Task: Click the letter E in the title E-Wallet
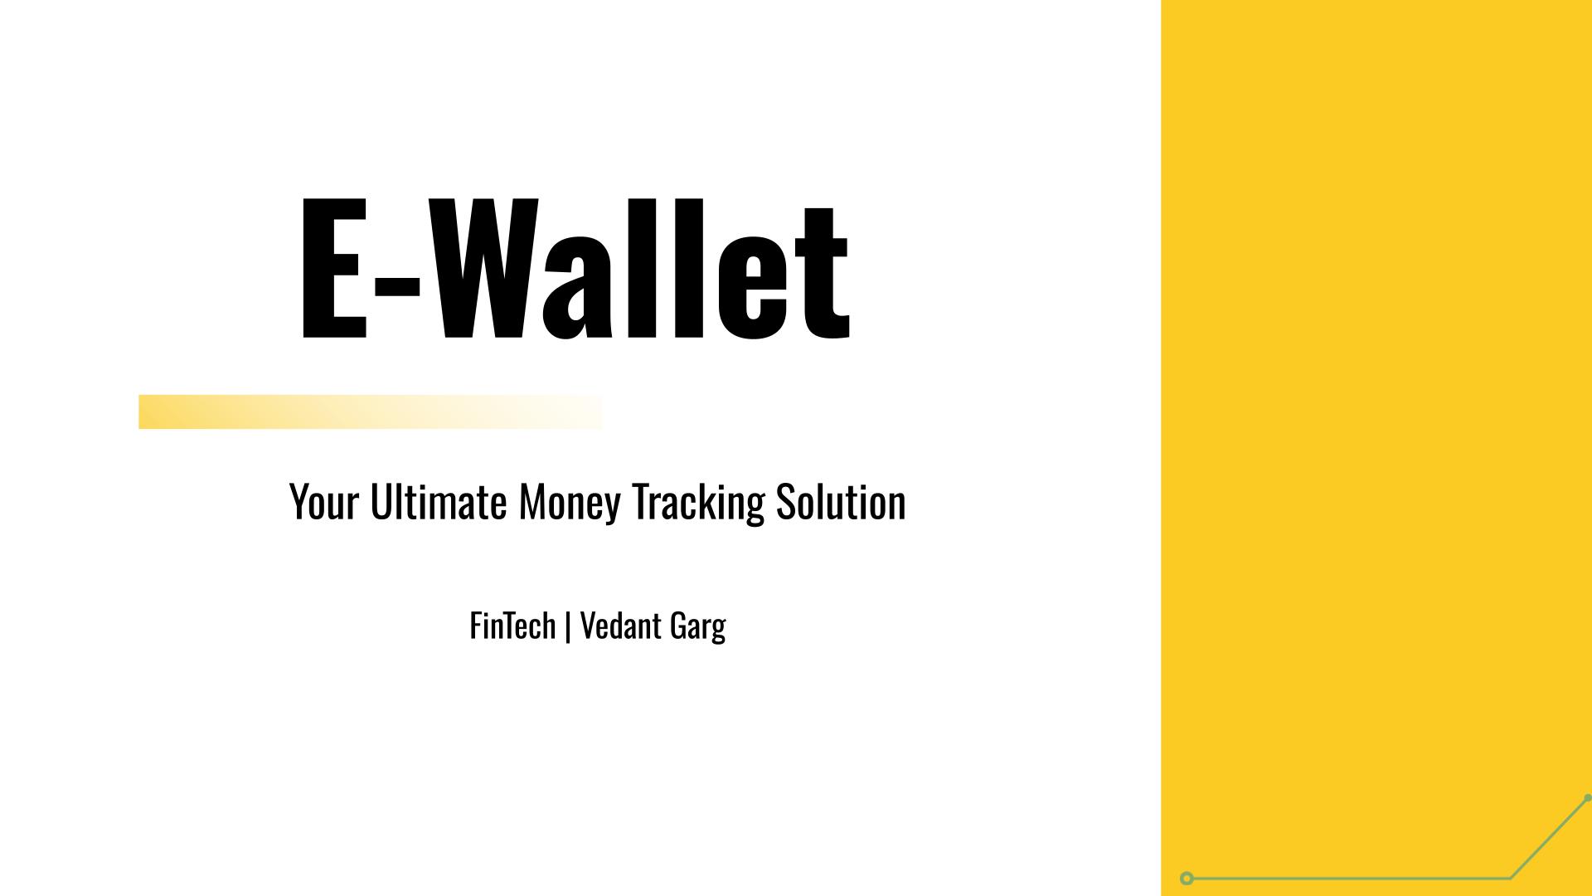tap(332, 270)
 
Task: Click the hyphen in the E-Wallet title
tap(397, 283)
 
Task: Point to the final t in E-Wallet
tap(822, 274)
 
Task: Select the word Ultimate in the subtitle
tap(438, 502)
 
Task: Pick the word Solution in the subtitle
tap(840, 502)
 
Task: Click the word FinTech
tap(512, 626)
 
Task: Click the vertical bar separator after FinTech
tap(567, 627)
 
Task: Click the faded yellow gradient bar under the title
tap(370, 411)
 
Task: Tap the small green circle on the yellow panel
tap(1187, 878)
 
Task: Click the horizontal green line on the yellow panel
tap(1352, 878)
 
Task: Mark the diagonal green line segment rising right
tap(1549, 838)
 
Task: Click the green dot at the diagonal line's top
tap(1587, 798)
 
